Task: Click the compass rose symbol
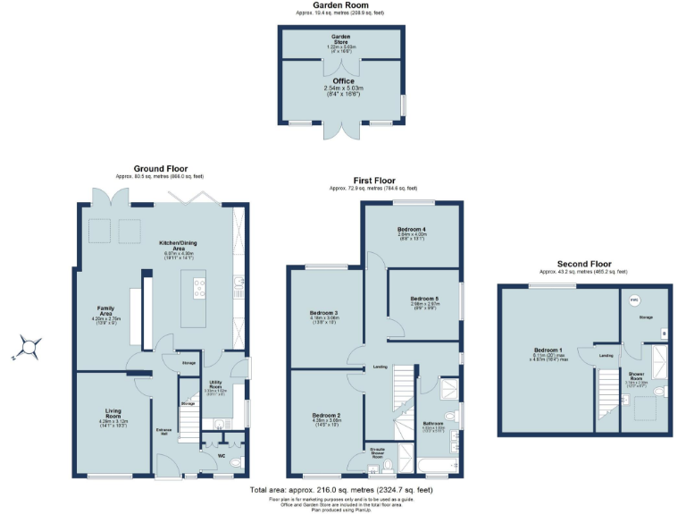[x=30, y=345]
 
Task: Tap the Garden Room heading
[x=342, y=5]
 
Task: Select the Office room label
[x=343, y=80]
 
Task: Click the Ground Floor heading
[x=160, y=168]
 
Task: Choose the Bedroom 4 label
[x=412, y=230]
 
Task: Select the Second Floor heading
[x=583, y=265]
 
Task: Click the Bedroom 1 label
[x=548, y=350]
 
